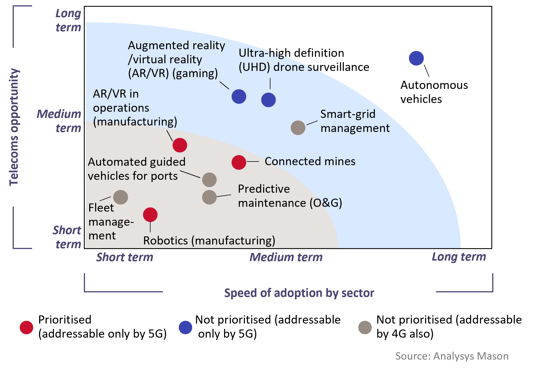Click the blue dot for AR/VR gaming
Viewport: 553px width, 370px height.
tap(239, 97)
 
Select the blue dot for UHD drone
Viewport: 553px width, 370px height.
tap(268, 100)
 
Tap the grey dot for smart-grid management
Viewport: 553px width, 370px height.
tap(298, 128)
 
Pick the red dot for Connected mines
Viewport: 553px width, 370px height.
tap(239, 162)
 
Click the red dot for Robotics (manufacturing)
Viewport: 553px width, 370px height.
tap(150, 215)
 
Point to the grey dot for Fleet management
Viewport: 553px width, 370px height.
tap(121, 197)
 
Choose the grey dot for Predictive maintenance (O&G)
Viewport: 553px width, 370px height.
tap(209, 197)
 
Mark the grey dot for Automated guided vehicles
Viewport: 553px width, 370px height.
tap(209, 180)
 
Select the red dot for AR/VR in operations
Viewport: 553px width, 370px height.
tap(180, 145)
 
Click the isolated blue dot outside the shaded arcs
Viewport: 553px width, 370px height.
tap(416, 58)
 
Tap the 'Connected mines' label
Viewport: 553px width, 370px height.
tap(310, 162)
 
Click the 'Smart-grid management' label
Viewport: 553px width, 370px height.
tap(355, 121)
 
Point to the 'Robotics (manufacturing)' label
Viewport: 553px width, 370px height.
tap(209, 241)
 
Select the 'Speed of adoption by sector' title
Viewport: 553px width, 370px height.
tap(299, 293)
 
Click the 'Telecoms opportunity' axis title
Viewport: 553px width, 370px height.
tap(14, 127)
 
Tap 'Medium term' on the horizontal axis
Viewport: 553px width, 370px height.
tap(286, 257)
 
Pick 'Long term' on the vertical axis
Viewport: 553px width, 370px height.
tap(68, 20)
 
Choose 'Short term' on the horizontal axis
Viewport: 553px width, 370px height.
tap(125, 257)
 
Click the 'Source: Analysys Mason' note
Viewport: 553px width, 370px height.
tap(452, 356)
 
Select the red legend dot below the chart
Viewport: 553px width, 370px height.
tap(26, 328)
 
